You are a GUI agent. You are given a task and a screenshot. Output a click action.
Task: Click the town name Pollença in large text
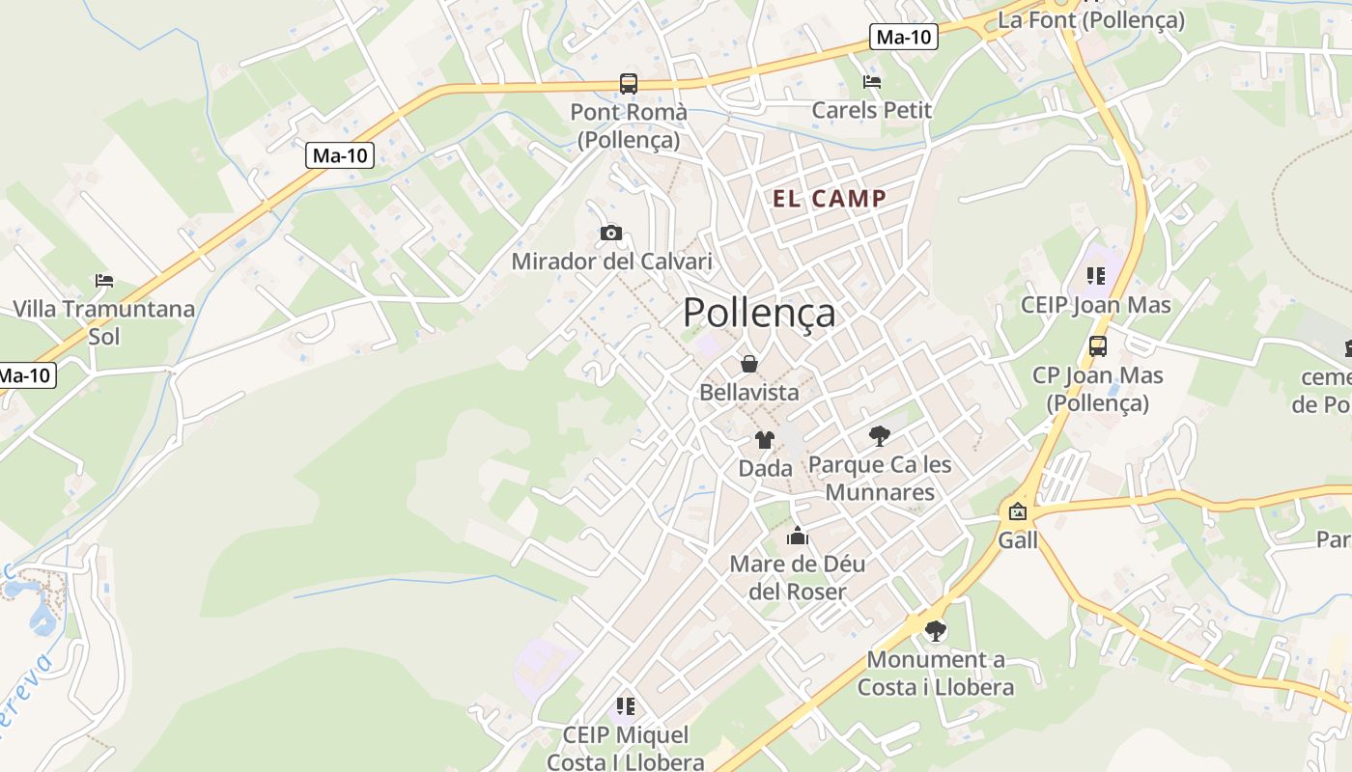[759, 313]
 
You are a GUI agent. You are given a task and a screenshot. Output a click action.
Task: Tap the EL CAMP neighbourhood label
[830, 199]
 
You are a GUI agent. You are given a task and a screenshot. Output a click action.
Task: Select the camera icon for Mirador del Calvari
[610, 233]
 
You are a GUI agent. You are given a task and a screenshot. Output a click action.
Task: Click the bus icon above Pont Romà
[629, 83]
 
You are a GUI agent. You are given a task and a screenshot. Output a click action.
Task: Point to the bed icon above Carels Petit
[872, 82]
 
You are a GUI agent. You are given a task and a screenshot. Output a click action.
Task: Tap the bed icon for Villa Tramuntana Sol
[104, 281]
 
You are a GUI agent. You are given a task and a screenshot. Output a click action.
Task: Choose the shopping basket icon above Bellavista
[748, 364]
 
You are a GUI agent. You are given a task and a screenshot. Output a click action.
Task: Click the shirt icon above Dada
[765, 440]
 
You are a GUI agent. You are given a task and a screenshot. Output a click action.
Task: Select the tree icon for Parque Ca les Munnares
[879, 436]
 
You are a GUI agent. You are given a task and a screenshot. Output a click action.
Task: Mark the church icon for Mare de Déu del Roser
[798, 536]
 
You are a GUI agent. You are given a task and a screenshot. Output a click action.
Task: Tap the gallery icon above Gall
[1018, 511]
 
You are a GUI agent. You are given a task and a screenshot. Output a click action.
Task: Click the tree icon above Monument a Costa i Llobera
[935, 631]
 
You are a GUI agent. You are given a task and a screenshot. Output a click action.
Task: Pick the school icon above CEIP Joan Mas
[1095, 276]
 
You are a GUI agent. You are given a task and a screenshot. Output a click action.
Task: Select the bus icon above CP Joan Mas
[1097, 345]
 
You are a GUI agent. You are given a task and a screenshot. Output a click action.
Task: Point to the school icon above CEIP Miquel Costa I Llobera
[625, 706]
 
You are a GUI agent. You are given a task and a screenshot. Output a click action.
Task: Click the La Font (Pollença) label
[1090, 19]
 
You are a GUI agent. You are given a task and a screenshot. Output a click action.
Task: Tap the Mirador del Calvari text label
[611, 261]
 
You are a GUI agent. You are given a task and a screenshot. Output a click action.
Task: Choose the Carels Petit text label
[872, 110]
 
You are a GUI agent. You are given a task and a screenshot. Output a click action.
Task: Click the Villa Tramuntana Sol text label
[103, 322]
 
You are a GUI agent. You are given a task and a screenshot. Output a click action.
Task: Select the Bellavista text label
[748, 392]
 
